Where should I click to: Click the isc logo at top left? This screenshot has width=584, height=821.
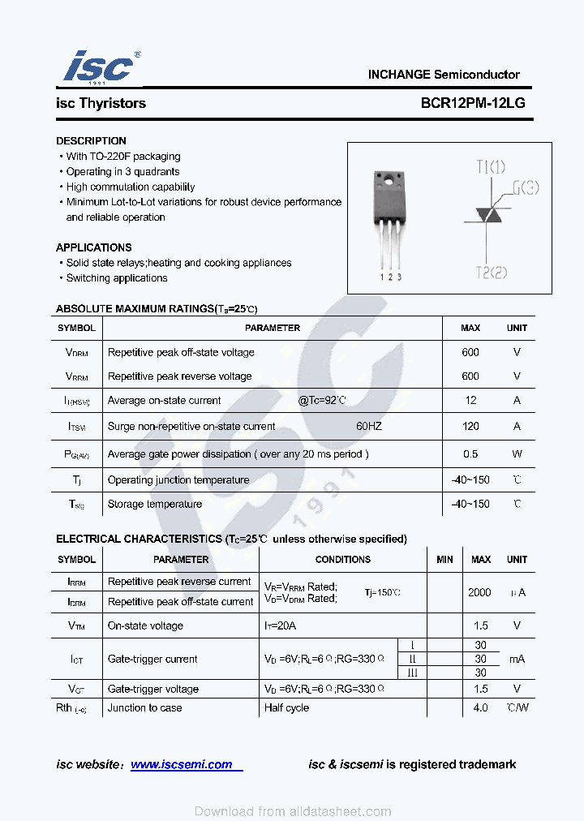pos(98,67)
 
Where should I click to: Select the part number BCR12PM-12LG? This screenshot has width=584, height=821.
pos(473,103)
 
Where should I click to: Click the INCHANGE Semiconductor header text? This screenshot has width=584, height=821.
pos(444,74)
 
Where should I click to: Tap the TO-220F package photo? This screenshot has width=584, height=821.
pos(390,219)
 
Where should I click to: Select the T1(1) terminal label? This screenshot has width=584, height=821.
pos(491,167)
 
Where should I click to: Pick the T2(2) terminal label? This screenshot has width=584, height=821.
pos(491,272)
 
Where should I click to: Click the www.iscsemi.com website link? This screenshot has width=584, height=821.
pos(182,764)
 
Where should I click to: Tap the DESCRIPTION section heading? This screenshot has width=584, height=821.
pos(91,140)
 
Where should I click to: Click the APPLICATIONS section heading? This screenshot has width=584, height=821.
pos(93,247)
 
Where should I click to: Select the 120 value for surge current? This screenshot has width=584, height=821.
pos(470,426)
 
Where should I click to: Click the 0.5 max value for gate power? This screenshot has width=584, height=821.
pos(470,453)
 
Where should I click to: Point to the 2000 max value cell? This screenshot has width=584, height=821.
pos(479,592)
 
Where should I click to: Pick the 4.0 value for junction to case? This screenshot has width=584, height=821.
pos(480,707)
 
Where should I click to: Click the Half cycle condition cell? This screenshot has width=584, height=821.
pos(286,707)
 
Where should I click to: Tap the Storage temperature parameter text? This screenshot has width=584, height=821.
pos(155,504)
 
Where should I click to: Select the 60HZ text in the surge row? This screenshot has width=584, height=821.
pos(368,426)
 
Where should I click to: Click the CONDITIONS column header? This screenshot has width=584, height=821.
pos(342,559)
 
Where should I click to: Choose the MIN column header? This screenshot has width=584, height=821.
pos(444,559)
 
